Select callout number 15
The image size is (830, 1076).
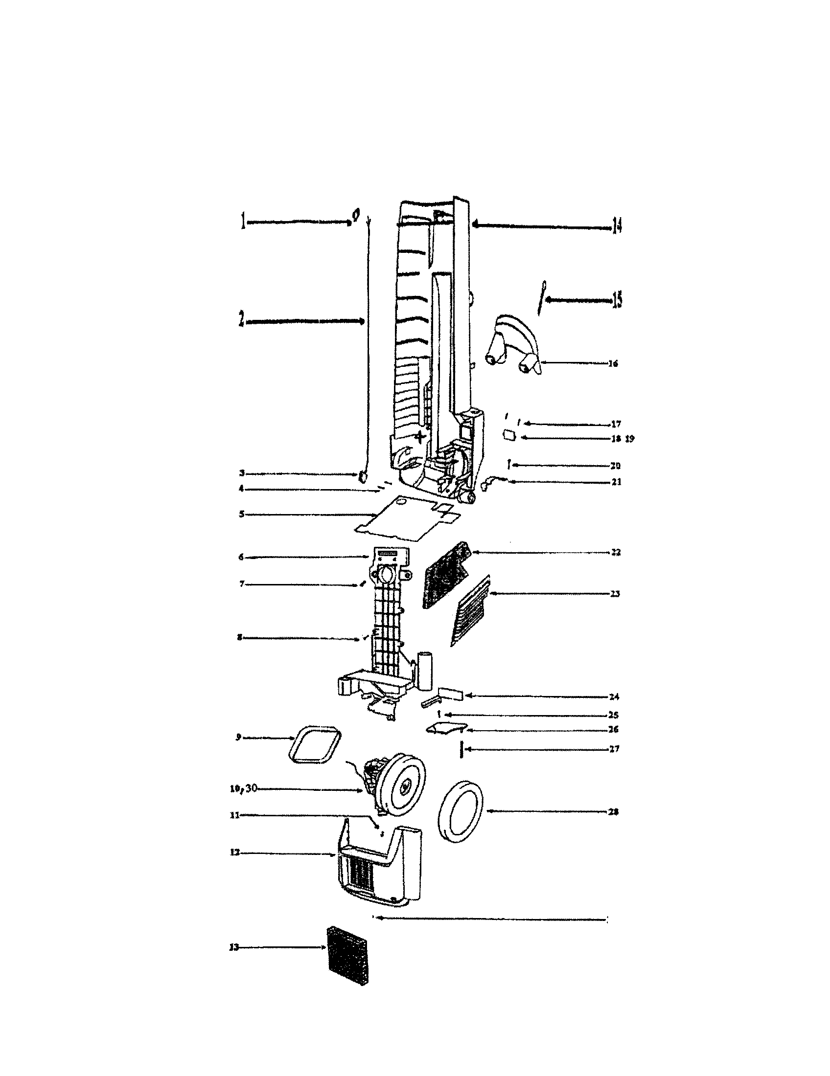(617, 299)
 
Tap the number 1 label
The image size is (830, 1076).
(242, 222)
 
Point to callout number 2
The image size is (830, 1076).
(241, 321)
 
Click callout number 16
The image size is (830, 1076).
(613, 363)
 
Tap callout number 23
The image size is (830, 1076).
(615, 594)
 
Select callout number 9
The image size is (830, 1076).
(238, 738)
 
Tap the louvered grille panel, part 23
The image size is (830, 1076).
(471, 611)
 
